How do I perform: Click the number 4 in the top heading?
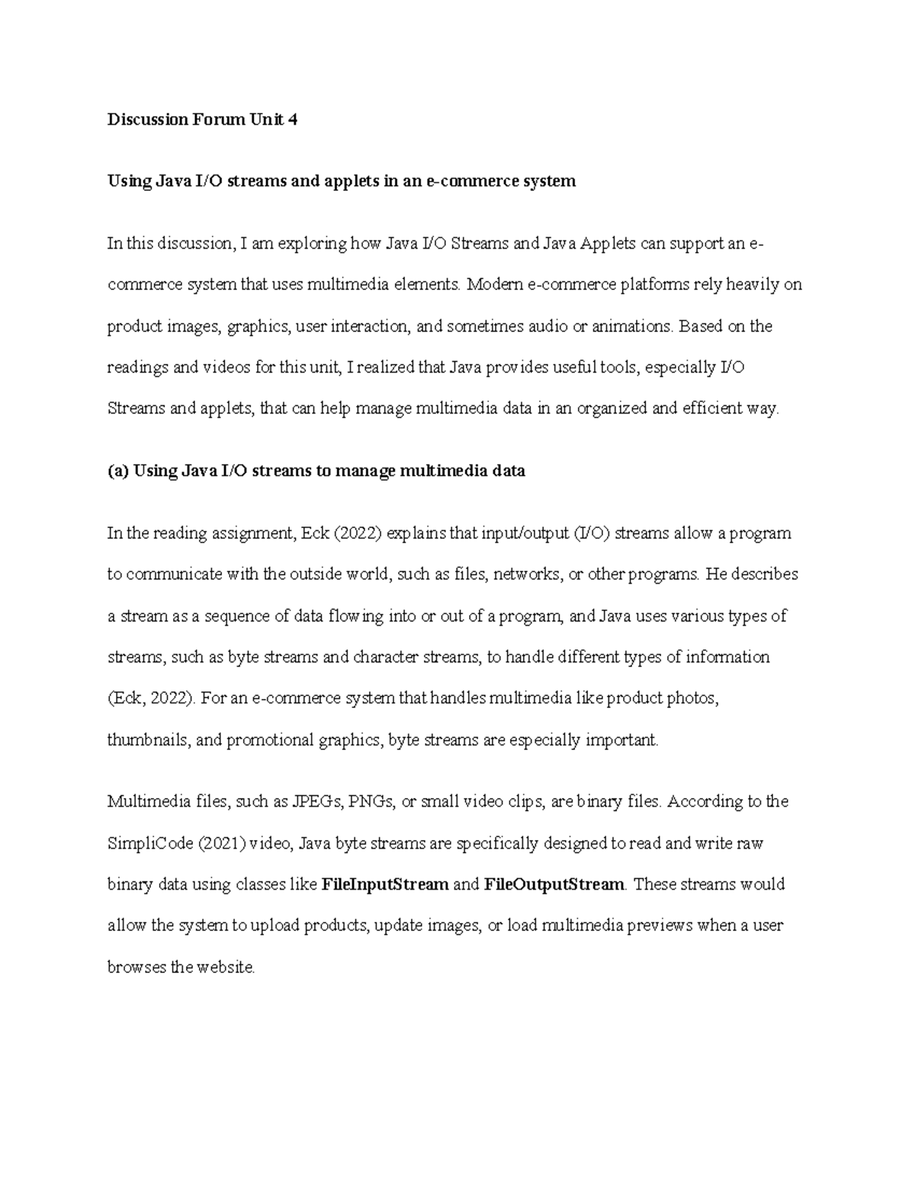[x=292, y=119]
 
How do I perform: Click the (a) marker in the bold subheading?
[x=118, y=471]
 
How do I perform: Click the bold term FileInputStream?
[x=385, y=884]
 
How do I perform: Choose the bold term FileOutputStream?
[x=554, y=884]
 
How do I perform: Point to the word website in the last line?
[x=225, y=967]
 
